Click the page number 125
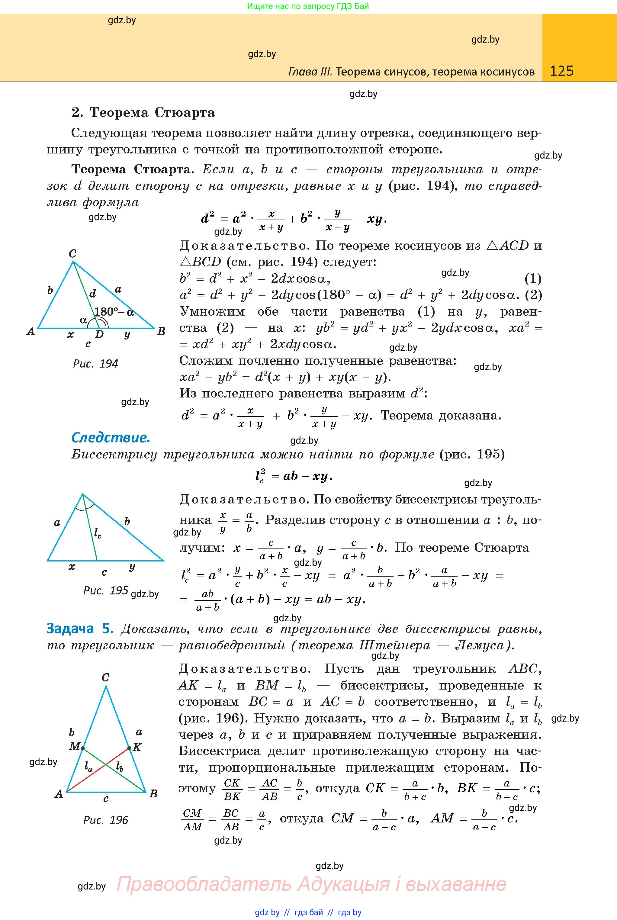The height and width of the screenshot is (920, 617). pos(561,71)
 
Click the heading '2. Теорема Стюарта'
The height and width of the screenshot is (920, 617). pos(143,113)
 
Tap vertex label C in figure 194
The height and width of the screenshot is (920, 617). pos(72,253)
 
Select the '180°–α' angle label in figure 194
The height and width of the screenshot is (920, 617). pos(114,312)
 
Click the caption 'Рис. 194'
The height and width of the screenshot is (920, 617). pos(96,364)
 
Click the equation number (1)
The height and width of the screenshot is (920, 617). pos(533,278)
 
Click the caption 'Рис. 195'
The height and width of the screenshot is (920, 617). pos(105,590)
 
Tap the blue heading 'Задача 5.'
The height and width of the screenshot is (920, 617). pos(80,629)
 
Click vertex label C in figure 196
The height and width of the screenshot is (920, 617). pos(105,677)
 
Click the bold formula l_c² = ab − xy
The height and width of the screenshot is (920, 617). pos(294,476)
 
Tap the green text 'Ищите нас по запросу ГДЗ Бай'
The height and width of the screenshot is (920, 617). pos(308,6)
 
